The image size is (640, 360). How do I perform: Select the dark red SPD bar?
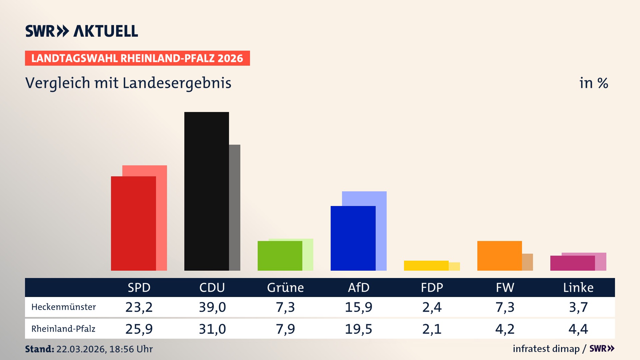point(133,223)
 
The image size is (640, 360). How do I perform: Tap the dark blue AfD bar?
point(353,238)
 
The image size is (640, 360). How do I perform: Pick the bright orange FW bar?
point(499,255)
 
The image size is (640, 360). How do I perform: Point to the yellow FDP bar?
point(426,265)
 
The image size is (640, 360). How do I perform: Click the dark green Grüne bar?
point(280,255)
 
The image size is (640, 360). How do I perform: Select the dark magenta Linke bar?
point(572,263)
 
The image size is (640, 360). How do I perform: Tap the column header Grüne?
point(285,287)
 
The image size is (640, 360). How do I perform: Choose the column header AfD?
point(359,287)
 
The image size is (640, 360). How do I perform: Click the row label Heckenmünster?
point(64,307)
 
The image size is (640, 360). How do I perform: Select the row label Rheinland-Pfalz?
point(63,329)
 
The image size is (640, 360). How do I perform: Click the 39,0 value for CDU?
point(212,307)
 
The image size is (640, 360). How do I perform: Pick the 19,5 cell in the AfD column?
point(358,329)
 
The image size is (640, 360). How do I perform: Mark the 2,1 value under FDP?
point(432,329)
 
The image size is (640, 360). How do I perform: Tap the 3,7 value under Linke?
point(578,307)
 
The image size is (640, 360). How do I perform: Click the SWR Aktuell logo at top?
point(82,31)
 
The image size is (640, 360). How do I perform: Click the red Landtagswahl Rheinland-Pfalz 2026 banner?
point(137,58)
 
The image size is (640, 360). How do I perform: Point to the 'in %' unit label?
point(594,83)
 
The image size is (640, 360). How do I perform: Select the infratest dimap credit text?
point(546,349)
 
